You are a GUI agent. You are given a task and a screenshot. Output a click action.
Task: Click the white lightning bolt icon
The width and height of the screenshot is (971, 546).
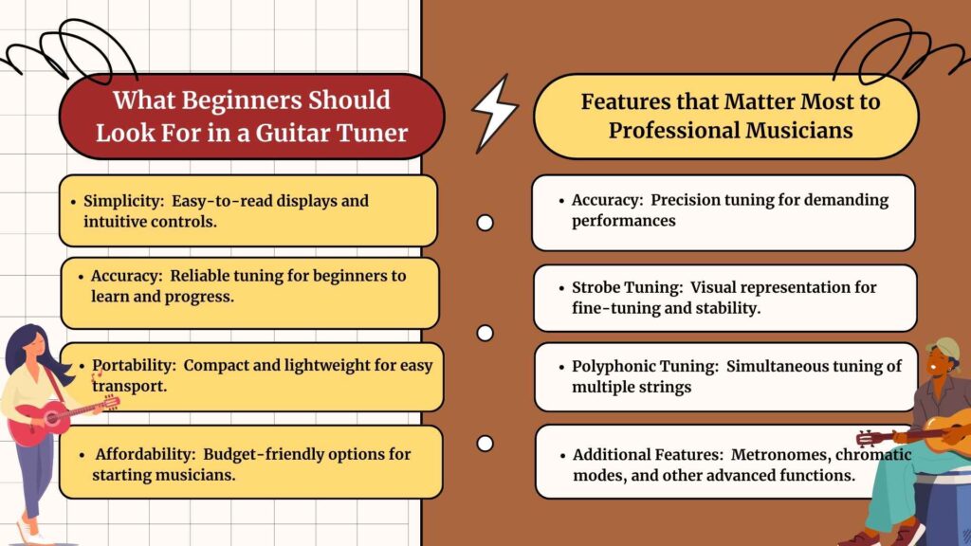coord(495,114)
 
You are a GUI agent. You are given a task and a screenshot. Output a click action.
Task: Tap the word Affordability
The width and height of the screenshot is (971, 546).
coord(145,454)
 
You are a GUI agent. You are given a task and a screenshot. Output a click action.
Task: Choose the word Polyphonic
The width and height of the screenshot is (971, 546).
coord(612,367)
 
